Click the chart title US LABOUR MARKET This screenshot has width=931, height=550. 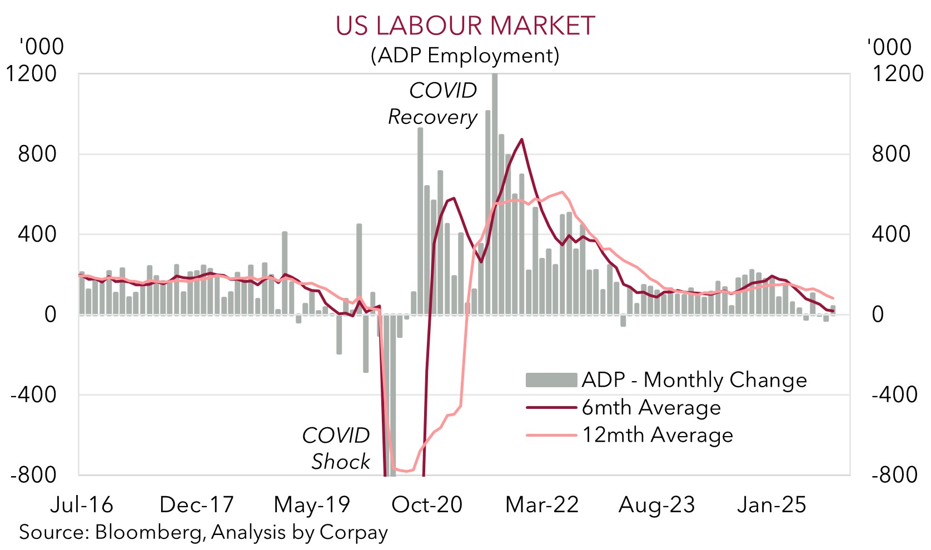(465, 26)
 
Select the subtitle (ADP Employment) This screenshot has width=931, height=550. (465, 56)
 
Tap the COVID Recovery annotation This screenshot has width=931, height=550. (433, 104)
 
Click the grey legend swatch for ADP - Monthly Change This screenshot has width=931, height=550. (551, 380)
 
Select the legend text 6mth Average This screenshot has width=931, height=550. (651, 408)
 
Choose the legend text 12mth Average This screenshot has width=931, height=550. (657, 435)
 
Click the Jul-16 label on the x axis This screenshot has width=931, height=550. (82, 504)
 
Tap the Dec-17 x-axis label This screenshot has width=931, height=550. (196, 504)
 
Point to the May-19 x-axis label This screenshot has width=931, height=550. (312, 504)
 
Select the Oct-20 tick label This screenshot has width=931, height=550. (427, 504)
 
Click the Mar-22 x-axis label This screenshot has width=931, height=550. (542, 504)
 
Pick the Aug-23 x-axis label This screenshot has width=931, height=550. (656, 504)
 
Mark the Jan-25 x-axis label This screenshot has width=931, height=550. (771, 504)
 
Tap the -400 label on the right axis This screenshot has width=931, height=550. (894, 395)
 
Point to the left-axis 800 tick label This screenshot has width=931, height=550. (37, 154)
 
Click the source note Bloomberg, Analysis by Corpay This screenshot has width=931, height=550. (203, 532)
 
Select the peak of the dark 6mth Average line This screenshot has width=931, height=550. (521, 139)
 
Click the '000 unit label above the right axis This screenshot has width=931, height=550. (889, 47)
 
